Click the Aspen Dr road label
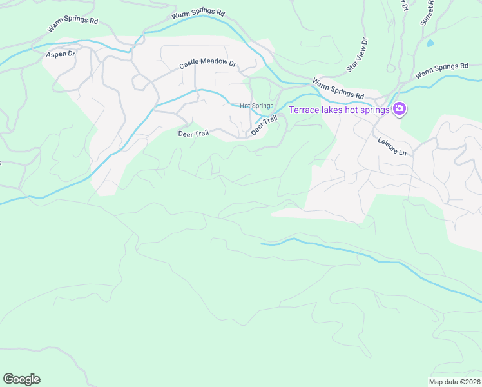[61, 55]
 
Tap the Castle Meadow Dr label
[208, 65]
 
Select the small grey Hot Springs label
[256, 106]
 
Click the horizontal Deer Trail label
[194, 134]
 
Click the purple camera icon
[400, 109]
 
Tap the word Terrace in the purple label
[304, 110]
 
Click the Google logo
[21, 379]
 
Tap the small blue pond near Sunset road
[430, 43]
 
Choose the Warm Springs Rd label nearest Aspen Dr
[72, 25]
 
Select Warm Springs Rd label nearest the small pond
[441, 71]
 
